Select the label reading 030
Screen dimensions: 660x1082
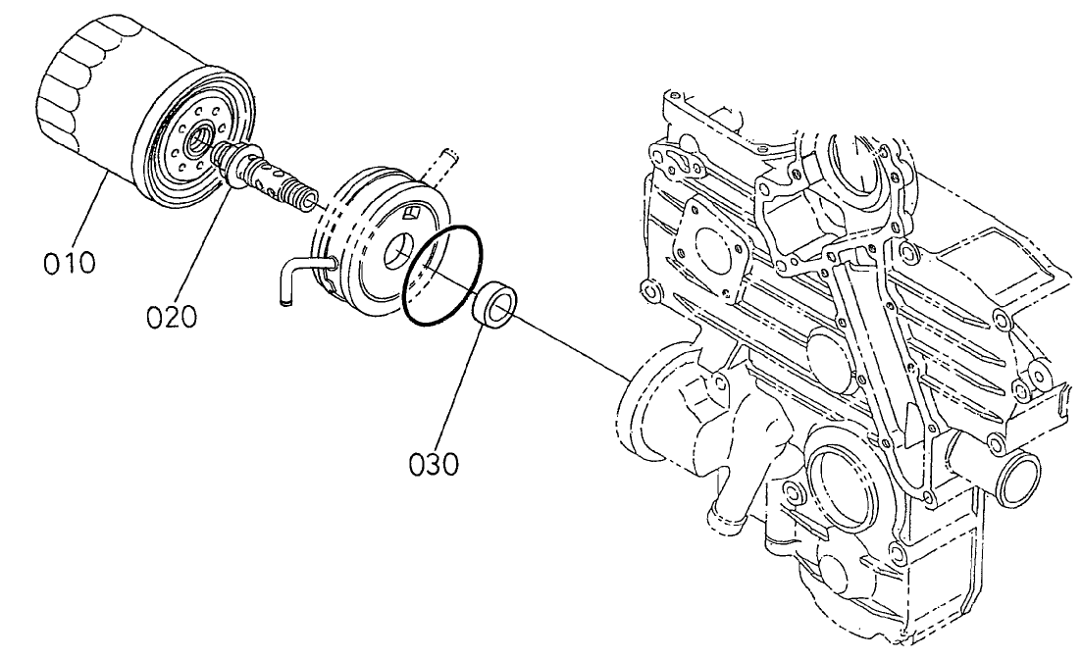point(433,462)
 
